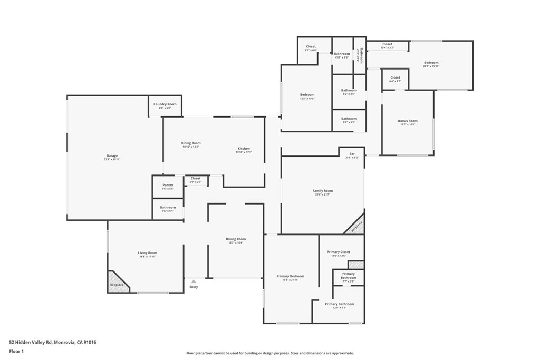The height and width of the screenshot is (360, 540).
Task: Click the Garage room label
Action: pyautogui.click(x=112, y=156)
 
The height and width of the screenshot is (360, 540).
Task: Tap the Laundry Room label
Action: pyautogui.click(x=165, y=104)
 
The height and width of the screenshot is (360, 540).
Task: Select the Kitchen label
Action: pyautogui.click(x=244, y=149)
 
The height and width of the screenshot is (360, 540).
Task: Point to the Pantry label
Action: pyautogui.click(x=168, y=185)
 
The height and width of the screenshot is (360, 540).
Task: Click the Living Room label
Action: pyautogui.click(x=148, y=253)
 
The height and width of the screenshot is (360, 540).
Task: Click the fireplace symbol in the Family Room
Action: pyautogui.click(x=356, y=225)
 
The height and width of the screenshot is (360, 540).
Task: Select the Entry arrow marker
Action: pyautogui.click(x=194, y=281)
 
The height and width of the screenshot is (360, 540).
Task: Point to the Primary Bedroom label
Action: pyautogui.click(x=290, y=276)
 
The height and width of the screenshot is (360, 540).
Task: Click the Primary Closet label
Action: pyautogui.click(x=338, y=252)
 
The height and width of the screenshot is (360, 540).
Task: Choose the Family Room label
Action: pyautogui.click(x=323, y=191)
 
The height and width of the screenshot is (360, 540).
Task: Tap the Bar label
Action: pyautogui.click(x=352, y=154)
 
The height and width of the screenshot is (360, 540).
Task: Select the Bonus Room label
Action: pyautogui.click(x=408, y=121)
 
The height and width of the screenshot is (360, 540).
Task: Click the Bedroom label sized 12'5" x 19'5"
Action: pyautogui.click(x=307, y=95)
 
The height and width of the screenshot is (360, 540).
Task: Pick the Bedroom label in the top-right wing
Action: pyautogui.click(x=431, y=63)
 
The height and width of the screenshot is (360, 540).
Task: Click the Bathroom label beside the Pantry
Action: pyautogui.click(x=168, y=208)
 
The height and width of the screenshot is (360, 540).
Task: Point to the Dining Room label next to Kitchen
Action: pyautogui.click(x=191, y=143)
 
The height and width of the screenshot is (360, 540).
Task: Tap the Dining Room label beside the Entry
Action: pyautogui.click(x=236, y=239)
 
